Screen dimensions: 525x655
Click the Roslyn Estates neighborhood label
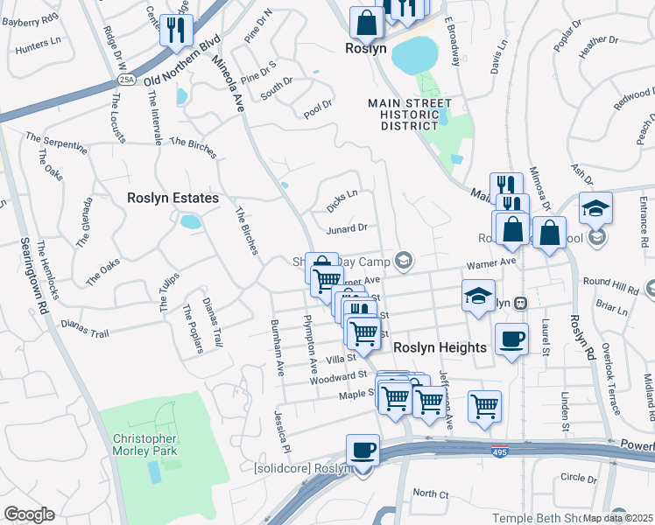click(x=173, y=199)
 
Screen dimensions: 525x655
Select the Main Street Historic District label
click(x=403, y=115)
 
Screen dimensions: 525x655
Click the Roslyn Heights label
click(x=440, y=347)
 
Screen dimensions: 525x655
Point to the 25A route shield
click(x=127, y=80)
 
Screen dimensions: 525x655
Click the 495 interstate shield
click(x=497, y=451)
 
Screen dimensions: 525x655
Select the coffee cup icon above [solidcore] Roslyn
click(x=363, y=451)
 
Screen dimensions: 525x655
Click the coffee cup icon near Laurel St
click(x=511, y=339)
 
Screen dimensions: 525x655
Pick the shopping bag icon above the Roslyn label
click(x=366, y=24)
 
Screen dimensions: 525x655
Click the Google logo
click(x=28, y=514)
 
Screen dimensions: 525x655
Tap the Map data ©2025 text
click(x=618, y=518)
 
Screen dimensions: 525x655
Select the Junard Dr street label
click(x=346, y=228)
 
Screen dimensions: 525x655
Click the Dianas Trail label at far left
click(x=85, y=327)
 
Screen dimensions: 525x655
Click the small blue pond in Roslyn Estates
click(x=190, y=221)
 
